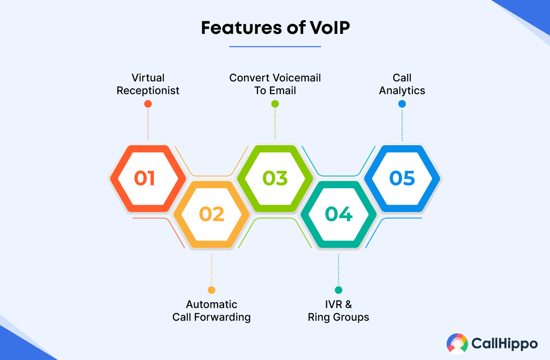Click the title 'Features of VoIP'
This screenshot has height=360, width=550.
point(275,27)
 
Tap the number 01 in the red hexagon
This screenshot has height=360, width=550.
point(144,178)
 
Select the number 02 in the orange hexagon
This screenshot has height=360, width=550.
point(212,214)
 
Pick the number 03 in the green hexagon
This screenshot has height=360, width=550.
point(275,178)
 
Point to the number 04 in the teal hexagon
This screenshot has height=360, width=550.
point(339,214)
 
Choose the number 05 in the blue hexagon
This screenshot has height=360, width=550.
point(402,178)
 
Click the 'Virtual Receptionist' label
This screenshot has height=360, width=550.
point(148,84)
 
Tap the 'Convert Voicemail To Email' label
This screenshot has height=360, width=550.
point(275,84)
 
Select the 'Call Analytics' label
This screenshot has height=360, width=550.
point(402,84)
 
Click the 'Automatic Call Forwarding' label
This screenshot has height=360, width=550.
point(212,311)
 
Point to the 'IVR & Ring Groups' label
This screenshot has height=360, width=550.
point(339,311)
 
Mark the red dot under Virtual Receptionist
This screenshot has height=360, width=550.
point(148,104)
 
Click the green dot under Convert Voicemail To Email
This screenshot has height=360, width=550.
point(275,104)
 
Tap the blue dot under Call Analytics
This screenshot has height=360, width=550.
point(402,104)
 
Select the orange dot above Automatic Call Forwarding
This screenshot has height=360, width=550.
point(211,290)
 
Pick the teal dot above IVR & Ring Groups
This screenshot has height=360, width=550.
point(339,290)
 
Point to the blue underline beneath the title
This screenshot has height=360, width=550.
point(275,46)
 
